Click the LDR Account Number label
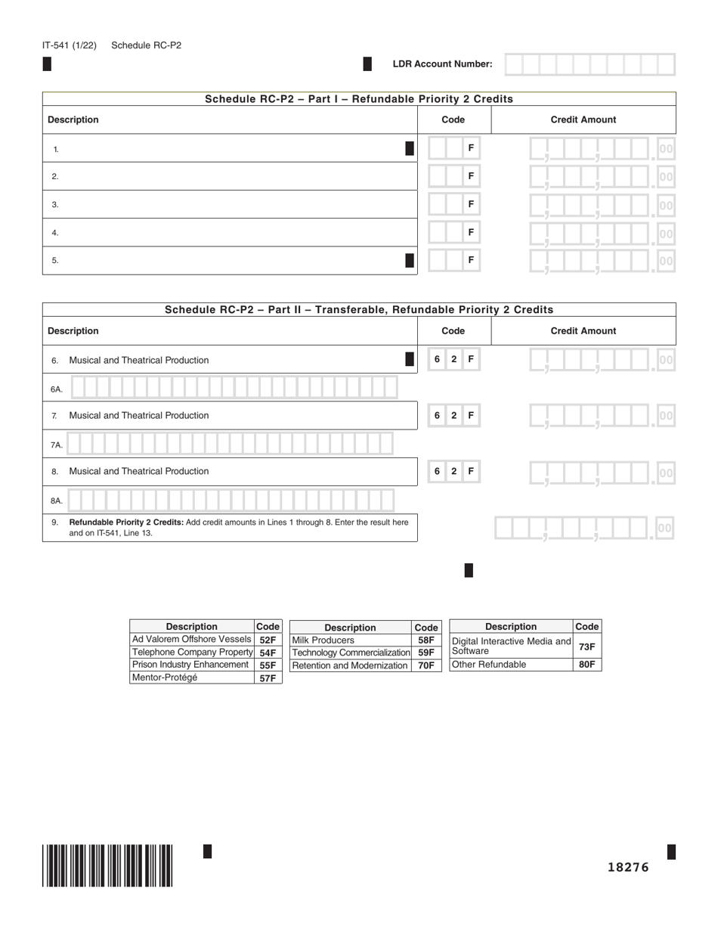tap(442, 64)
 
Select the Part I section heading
tap(359, 99)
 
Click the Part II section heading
tap(359, 309)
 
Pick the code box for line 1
tap(453, 148)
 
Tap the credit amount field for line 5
tap(601, 261)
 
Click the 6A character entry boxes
tap(234, 388)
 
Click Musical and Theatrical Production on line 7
tap(139, 415)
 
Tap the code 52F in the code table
tap(268, 640)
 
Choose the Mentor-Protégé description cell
tap(165, 677)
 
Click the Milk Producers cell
tap(323, 640)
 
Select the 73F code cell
tap(586, 646)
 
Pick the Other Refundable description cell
tap(489, 665)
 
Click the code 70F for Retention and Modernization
tap(426, 665)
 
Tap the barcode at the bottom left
tap(107, 865)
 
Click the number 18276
tap(628, 867)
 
